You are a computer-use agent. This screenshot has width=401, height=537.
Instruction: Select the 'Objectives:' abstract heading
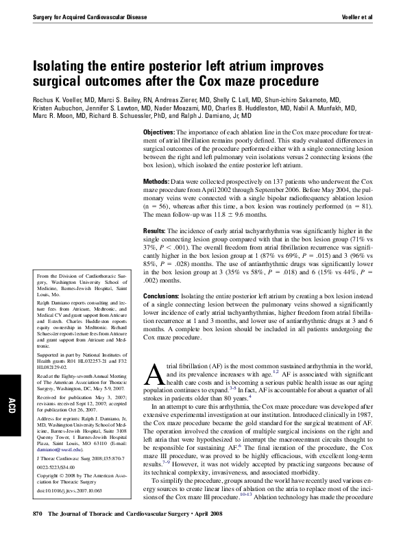pos(158,132)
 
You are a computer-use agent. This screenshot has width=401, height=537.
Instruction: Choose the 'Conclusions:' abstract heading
pos(162,295)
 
